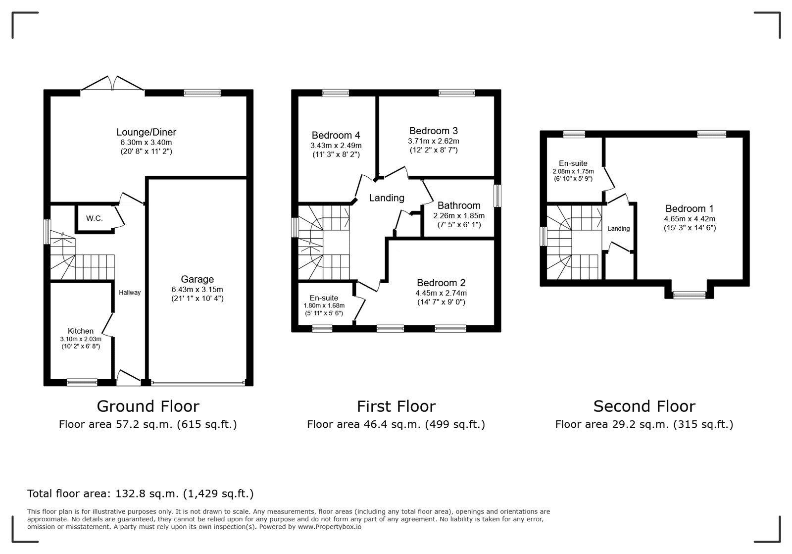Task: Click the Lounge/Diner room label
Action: (x=146, y=132)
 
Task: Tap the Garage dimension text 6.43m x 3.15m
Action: (x=198, y=289)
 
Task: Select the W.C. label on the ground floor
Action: (x=95, y=218)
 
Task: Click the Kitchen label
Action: (x=81, y=331)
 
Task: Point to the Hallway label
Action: (x=130, y=293)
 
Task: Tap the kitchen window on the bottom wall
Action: (x=82, y=382)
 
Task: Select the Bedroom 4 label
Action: (x=336, y=135)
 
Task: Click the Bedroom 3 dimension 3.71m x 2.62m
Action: (x=434, y=141)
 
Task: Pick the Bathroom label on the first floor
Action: (x=459, y=205)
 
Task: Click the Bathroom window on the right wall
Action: (x=497, y=196)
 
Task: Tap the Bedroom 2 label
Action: (x=441, y=283)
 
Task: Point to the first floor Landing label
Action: (x=387, y=198)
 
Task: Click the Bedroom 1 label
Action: (x=690, y=208)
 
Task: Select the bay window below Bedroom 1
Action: (x=689, y=295)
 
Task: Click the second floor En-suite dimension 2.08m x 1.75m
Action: (x=573, y=171)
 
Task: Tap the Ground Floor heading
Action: (x=148, y=406)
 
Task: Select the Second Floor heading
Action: (x=644, y=406)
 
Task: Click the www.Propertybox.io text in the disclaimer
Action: (x=329, y=527)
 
